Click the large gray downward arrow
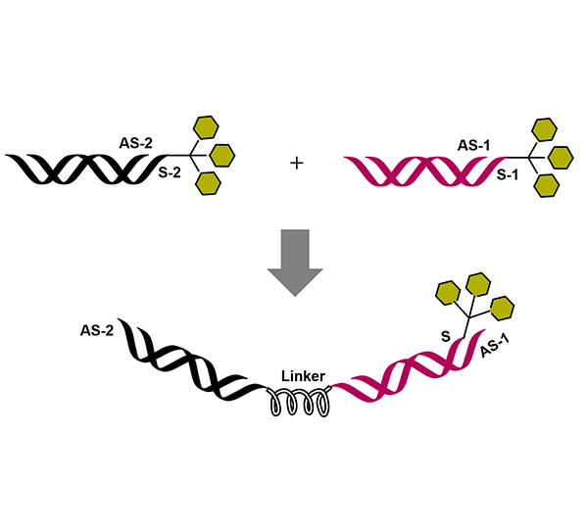click(x=293, y=260)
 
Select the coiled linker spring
click(x=299, y=403)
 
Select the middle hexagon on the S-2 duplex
click(x=222, y=155)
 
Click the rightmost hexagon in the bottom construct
click(x=502, y=309)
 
